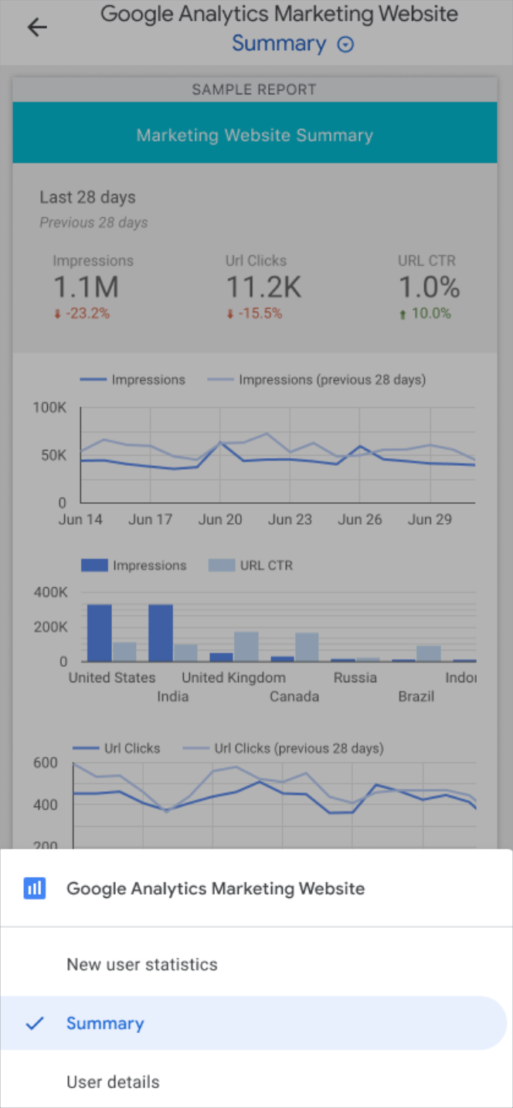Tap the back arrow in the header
point(37,27)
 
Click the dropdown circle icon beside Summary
point(345,45)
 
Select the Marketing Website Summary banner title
point(254,135)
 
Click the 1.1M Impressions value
point(86,287)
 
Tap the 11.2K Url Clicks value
point(263,287)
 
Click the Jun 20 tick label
point(220,519)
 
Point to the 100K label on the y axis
point(49,407)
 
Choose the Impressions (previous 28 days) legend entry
point(317,380)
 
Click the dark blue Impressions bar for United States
point(99,633)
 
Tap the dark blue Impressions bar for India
point(161,633)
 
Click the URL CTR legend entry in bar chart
point(251,566)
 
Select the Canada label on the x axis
point(294,696)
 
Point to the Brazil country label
point(416,696)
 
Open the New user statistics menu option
point(142,964)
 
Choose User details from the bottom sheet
point(113,1082)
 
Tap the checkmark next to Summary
point(35,1024)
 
